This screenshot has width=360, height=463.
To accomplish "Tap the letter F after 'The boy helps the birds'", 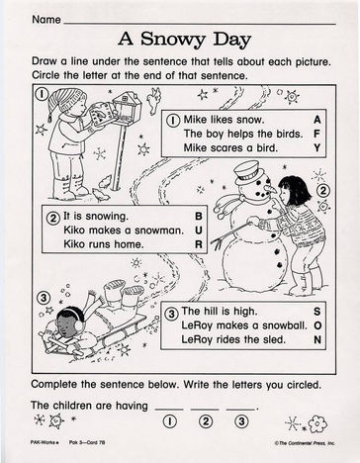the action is tap(316, 134).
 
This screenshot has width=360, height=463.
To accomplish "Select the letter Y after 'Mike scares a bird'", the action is tap(316, 147).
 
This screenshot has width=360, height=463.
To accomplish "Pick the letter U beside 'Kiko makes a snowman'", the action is tap(199, 231).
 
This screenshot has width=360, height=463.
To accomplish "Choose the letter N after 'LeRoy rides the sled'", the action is tap(317, 339).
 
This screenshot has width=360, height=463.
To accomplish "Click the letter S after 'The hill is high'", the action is tap(316, 311).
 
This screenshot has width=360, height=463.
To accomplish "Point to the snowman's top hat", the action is tap(249, 173).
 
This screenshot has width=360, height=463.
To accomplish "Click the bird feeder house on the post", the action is tap(127, 105).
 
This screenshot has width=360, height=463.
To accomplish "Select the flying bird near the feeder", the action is tap(154, 99).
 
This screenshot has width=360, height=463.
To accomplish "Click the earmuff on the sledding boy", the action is tap(79, 325).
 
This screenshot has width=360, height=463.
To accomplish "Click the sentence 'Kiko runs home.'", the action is tap(104, 244).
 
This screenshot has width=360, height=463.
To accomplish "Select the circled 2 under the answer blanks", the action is tap(206, 421).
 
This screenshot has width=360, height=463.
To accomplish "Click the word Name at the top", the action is tap(46, 20).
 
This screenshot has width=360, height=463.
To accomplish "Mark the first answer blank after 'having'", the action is tap(169, 410).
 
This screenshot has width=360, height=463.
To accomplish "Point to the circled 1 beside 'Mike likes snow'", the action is tap(173, 120).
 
